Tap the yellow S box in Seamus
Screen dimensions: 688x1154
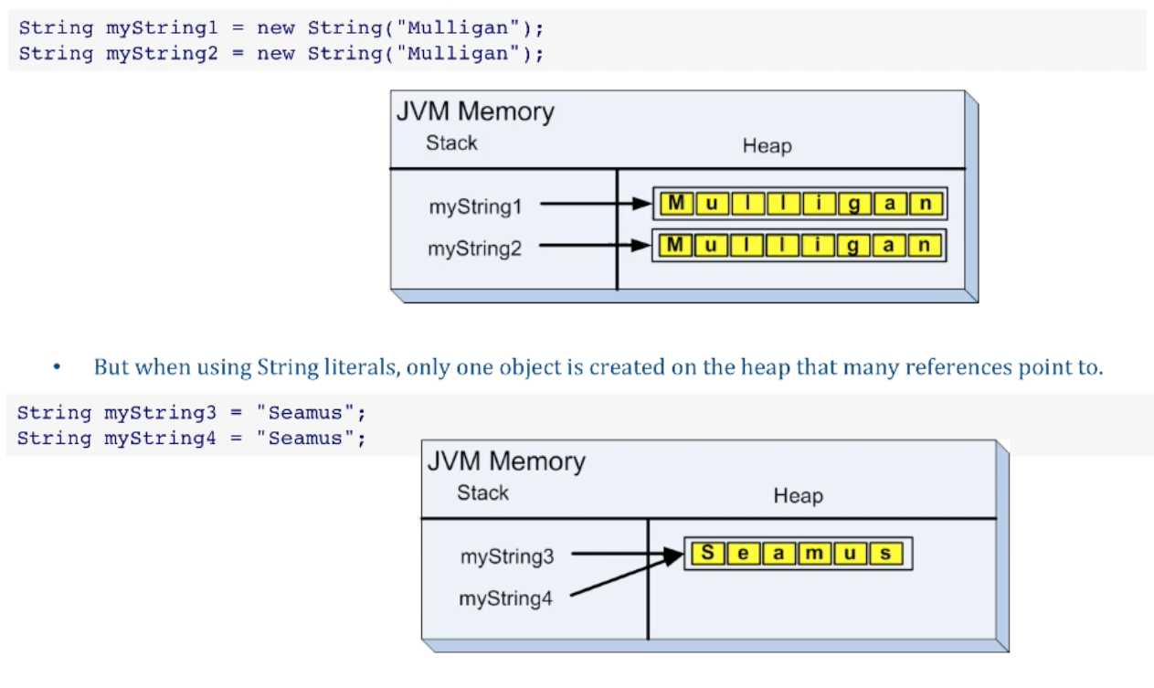(706, 554)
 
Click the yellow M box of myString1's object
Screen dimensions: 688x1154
(674, 203)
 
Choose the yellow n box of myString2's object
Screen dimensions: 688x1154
(926, 244)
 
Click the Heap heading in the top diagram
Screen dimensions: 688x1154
(767, 146)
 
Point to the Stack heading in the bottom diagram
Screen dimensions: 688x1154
(482, 493)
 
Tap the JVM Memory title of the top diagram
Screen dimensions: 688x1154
(475, 113)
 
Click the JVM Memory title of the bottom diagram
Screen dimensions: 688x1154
(506, 462)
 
